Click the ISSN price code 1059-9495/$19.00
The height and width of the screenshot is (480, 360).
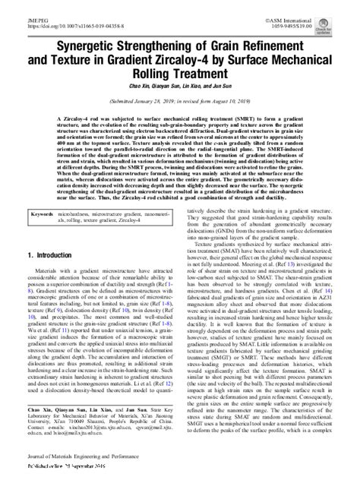pos(323,13)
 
